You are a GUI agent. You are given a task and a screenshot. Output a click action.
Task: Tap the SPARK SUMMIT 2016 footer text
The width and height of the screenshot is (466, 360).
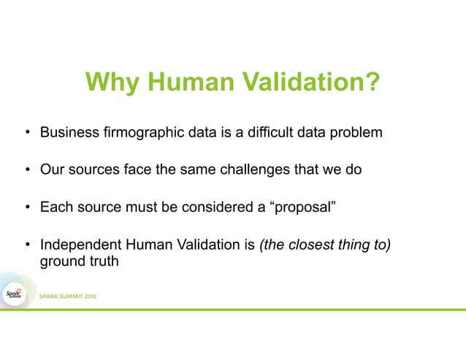pos(67,296)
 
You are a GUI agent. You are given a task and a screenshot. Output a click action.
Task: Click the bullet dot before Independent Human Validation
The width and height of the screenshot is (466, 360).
pos(26,245)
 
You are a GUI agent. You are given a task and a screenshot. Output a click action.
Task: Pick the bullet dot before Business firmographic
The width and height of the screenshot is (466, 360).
pos(26,134)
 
